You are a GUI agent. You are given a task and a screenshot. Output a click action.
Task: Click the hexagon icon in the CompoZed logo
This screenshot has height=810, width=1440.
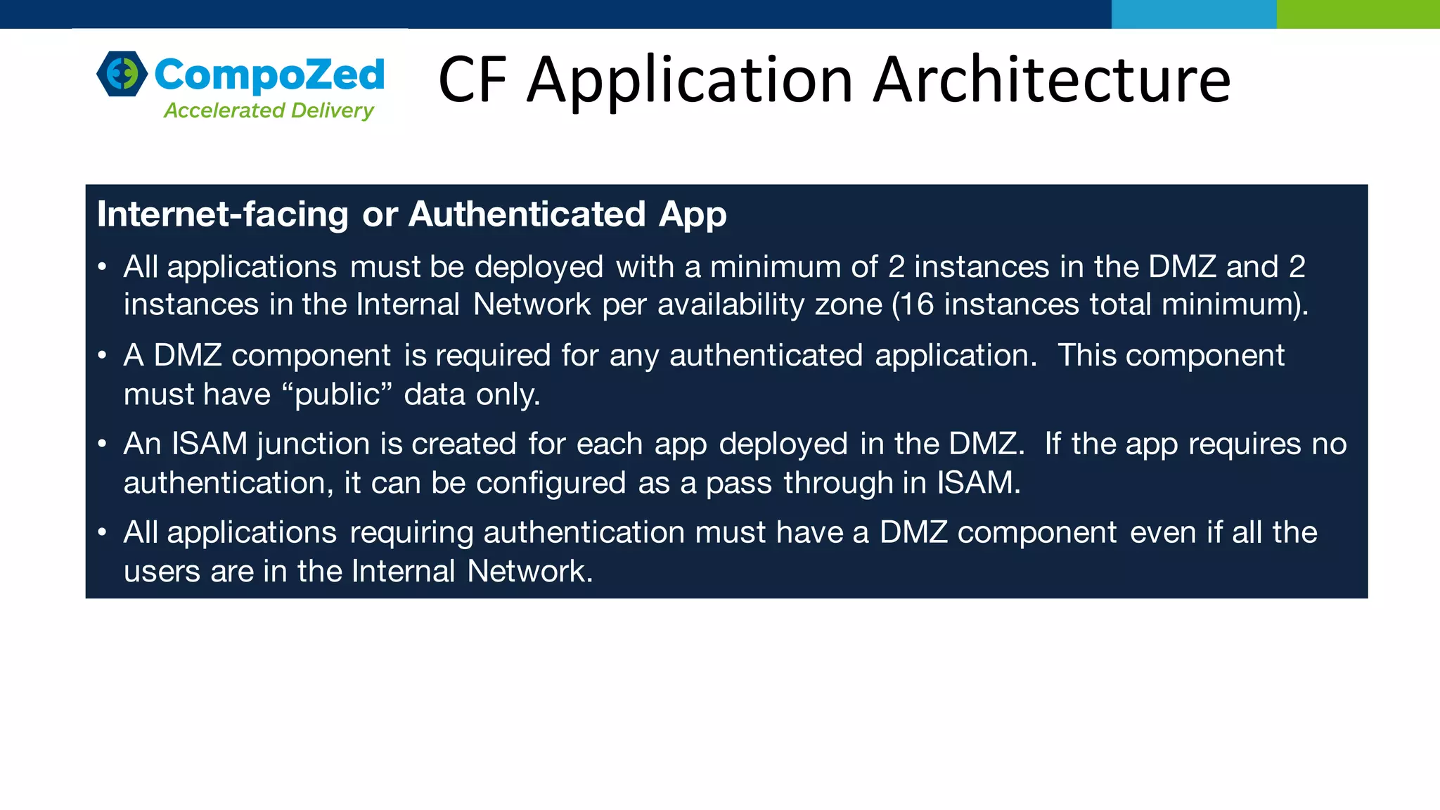[x=122, y=73]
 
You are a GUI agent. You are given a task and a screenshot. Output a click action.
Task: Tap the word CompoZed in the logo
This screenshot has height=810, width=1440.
[x=269, y=75]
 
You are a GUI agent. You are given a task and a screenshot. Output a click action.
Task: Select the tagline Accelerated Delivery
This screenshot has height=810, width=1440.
[x=269, y=110]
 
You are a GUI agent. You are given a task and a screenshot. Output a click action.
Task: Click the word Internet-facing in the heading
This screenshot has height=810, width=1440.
[x=223, y=214]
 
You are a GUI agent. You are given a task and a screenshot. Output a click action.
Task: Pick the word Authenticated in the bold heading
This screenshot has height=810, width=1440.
[x=527, y=214]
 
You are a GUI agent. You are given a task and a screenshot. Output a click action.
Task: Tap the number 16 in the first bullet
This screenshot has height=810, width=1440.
[x=915, y=304]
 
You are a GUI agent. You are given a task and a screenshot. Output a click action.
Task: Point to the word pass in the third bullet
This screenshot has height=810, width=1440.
[x=739, y=483]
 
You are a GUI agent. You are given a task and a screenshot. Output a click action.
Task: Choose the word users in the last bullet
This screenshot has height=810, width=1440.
[x=162, y=571]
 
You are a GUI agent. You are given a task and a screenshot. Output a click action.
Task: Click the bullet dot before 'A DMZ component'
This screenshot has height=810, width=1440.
[x=103, y=356]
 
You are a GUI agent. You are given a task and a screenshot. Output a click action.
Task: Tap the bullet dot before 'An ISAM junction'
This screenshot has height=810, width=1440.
[x=103, y=444]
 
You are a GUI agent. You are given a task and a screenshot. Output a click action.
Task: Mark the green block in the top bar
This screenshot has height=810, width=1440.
[x=1358, y=14]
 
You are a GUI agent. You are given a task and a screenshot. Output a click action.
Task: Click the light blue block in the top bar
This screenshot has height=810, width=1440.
[x=1193, y=14]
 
